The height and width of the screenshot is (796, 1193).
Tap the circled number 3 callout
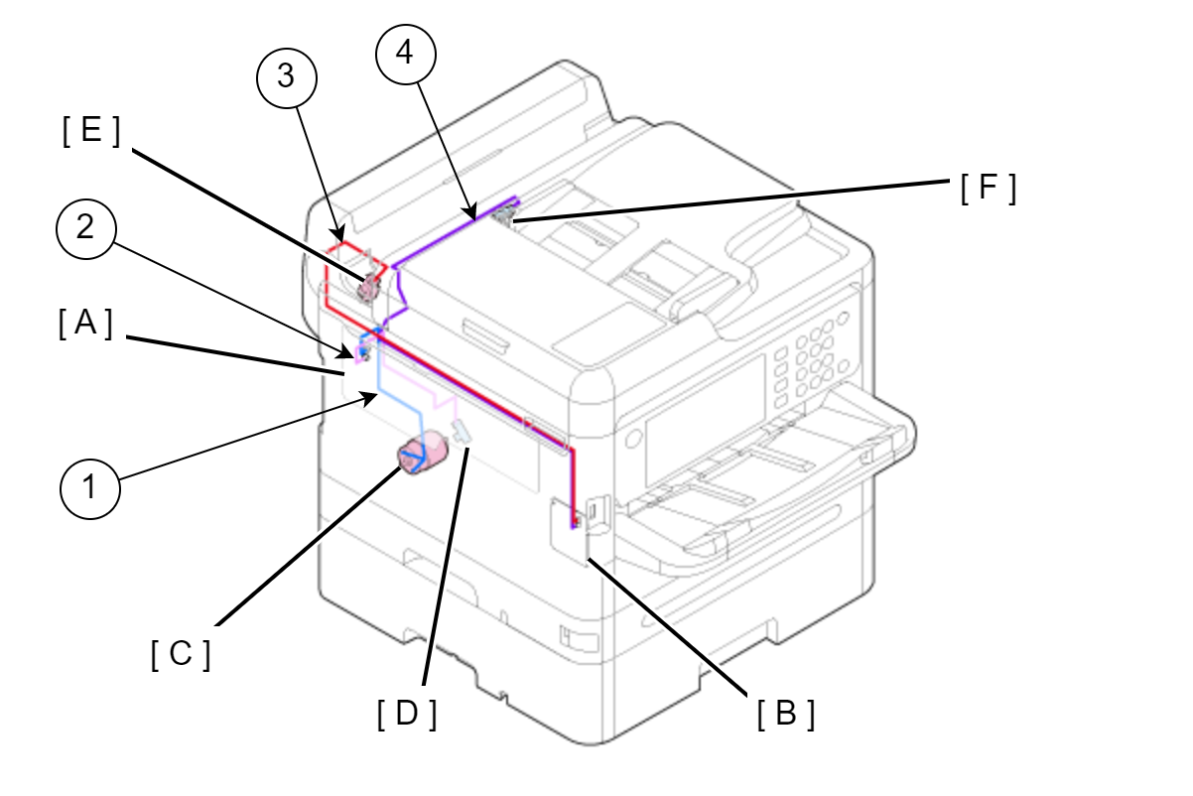click(286, 77)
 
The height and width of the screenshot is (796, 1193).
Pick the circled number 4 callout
click(405, 56)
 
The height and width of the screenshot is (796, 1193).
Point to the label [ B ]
click(786, 714)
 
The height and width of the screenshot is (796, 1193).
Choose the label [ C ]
click(181, 654)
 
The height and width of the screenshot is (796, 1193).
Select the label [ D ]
click(407, 714)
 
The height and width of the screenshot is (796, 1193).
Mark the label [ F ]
click(989, 188)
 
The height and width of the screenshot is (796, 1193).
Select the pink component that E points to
click(368, 287)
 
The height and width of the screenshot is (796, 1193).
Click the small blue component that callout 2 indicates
click(362, 350)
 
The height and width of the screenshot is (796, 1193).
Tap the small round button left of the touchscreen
click(631, 439)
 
